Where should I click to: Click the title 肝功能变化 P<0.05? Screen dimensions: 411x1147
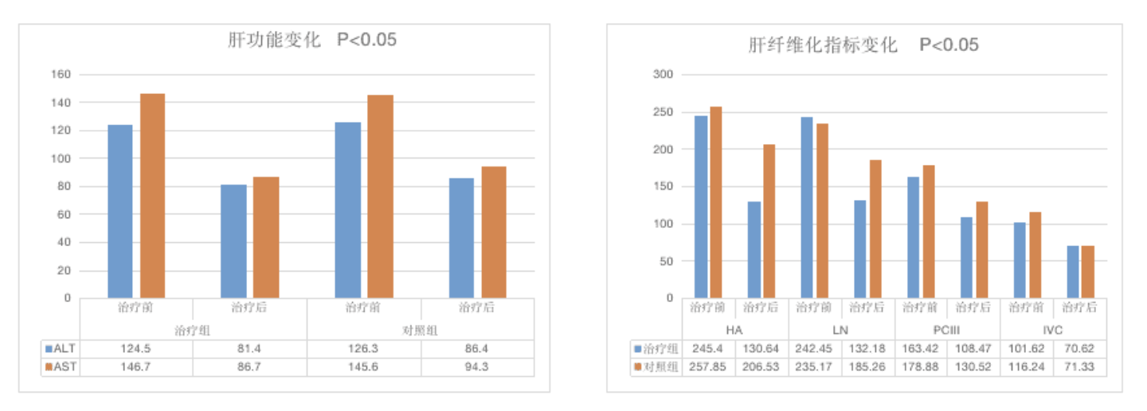click(312, 40)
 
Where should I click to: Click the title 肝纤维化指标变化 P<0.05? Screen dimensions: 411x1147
click(863, 45)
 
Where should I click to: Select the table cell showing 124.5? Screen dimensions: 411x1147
click(136, 349)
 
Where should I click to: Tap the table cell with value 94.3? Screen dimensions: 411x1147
click(478, 367)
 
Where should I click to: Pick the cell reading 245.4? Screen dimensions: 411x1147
click(709, 349)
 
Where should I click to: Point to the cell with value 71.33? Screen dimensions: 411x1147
click(1079, 367)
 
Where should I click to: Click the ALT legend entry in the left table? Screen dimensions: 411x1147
click(61, 349)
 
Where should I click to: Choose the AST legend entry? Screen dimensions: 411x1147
click(61, 367)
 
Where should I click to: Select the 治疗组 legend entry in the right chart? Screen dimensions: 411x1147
click(657, 349)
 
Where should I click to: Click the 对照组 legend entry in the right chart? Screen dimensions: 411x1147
click(657, 367)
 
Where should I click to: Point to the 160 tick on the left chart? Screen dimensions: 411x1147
click(61, 75)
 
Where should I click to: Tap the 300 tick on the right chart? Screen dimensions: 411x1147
click(664, 75)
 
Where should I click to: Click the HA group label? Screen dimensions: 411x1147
click(734, 330)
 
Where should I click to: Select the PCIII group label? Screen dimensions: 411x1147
click(947, 330)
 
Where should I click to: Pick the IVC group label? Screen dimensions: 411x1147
click(1052, 330)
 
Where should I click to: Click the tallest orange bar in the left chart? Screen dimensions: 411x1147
click(153, 196)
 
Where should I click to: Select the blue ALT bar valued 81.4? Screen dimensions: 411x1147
click(233, 241)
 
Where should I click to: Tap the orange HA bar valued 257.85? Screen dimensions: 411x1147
click(716, 202)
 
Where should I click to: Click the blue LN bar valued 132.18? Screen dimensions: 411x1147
click(860, 249)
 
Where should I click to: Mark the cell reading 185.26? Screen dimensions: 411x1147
click(867, 367)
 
